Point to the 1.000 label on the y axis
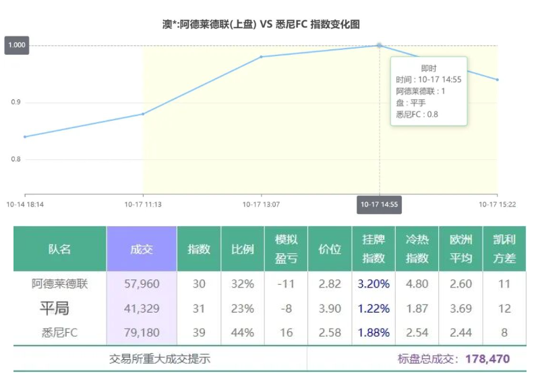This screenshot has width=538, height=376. (x=17, y=45)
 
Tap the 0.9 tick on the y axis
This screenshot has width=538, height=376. (x=15, y=103)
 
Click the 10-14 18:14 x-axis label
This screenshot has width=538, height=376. (x=25, y=204)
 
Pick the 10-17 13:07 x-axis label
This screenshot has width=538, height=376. (x=261, y=204)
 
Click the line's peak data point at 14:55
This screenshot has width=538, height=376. (x=379, y=45)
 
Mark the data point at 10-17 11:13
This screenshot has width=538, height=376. (x=143, y=114)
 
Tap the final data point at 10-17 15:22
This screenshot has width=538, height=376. (x=498, y=80)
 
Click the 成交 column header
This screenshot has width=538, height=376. (x=142, y=249)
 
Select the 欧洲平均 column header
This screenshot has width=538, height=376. (x=460, y=249)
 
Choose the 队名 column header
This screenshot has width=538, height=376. (x=59, y=249)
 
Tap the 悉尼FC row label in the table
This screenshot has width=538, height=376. (x=60, y=332)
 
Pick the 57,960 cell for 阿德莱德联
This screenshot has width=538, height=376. (x=142, y=284)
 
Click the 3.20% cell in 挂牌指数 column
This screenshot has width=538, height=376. (x=373, y=284)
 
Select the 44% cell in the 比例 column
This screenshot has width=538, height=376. (x=242, y=332)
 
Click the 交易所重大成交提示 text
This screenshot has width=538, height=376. (x=160, y=358)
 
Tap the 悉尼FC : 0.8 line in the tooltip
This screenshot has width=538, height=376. (x=417, y=114)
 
